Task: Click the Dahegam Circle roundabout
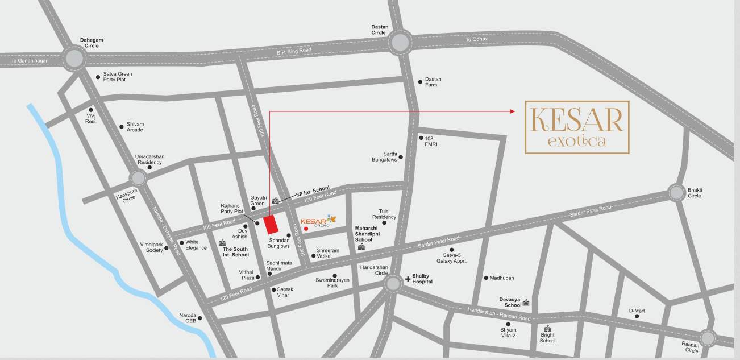74,59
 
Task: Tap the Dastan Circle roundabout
400,42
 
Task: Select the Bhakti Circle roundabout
676,193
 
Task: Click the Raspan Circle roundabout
708,338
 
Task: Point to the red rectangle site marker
272,224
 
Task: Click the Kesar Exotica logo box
577,127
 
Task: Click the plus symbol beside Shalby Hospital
408,279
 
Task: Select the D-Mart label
637,311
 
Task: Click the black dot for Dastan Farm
420,81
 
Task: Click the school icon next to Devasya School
526,302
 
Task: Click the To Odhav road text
476,39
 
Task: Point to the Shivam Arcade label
135,127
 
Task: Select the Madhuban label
502,278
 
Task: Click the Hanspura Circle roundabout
138,178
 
